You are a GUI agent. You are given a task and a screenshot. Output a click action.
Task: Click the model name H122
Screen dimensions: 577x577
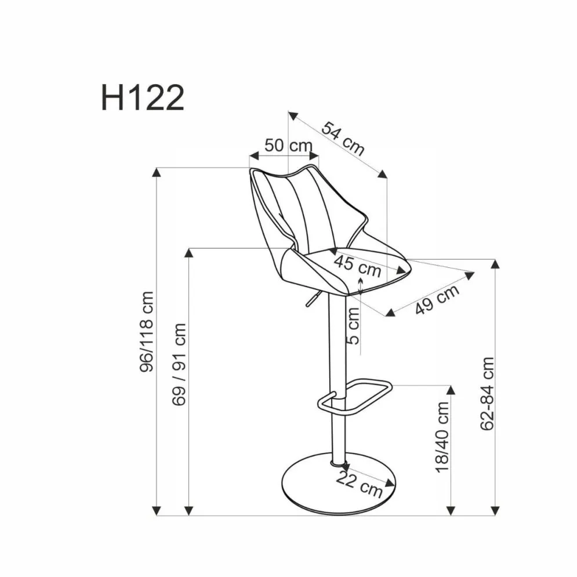pyautogui.click(x=143, y=97)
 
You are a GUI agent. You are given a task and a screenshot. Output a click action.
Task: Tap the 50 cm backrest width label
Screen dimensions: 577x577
pyautogui.click(x=288, y=145)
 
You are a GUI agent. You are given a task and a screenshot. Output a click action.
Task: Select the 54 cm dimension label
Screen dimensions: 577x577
pyautogui.click(x=343, y=139)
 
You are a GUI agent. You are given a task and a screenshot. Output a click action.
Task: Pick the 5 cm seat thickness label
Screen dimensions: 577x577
pyautogui.click(x=353, y=325)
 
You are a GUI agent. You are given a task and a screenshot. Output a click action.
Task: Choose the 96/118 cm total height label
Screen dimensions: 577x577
pyautogui.click(x=147, y=332)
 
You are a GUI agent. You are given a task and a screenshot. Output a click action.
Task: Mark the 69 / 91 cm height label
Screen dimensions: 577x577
pyautogui.click(x=180, y=364)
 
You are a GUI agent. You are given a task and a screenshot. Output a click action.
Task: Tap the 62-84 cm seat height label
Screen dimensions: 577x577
pyautogui.click(x=488, y=393)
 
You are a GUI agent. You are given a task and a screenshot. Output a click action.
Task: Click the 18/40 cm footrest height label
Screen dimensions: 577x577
pyautogui.click(x=443, y=436)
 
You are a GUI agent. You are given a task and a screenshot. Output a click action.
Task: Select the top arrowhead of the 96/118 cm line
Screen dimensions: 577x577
pyautogui.click(x=157, y=172)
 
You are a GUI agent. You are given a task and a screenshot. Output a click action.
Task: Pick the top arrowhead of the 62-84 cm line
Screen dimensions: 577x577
pyautogui.click(x=495, y=264)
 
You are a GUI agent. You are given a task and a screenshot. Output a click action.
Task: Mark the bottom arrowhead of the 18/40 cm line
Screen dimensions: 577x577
pyautogui.click(x=451, y=510)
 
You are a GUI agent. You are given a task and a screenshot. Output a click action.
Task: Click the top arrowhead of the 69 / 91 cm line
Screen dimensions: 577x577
pyautogui.click(x=189, y=253)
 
